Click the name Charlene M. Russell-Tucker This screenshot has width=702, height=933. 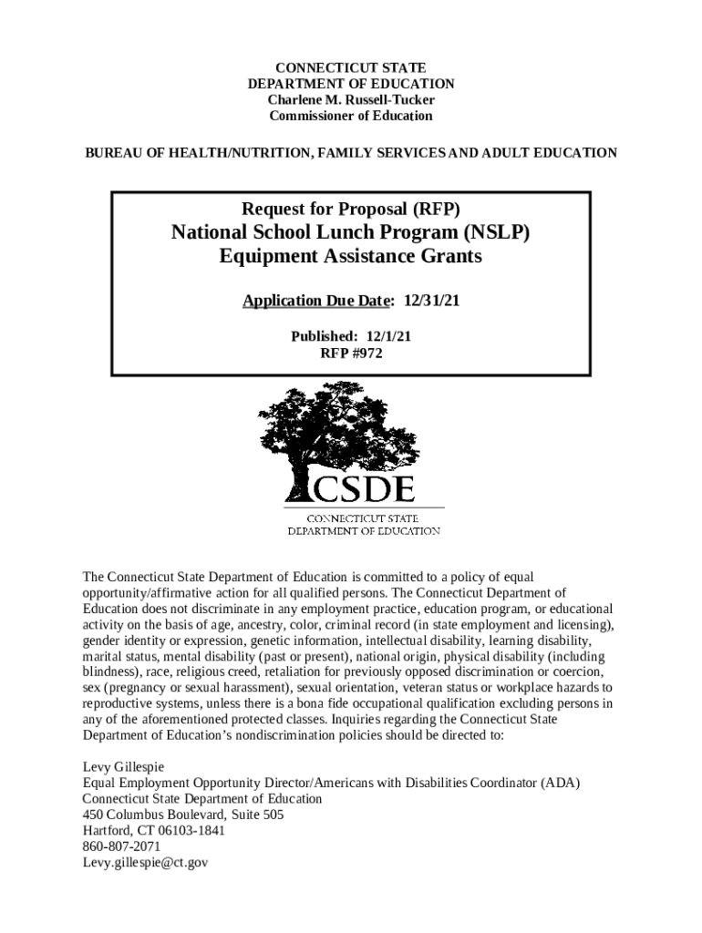(351, 99)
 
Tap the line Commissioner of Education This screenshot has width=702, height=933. (351, 116)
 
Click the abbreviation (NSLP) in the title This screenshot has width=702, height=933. (496, 232)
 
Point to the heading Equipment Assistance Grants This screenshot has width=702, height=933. (351, 257)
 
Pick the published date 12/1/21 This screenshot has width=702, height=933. (389, 336)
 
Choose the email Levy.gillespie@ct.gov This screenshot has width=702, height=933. (146, 862)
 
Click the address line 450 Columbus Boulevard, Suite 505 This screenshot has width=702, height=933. (183, 815)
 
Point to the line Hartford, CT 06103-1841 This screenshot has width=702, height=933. (153, 830)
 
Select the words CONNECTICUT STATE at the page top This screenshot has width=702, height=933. (351, 67)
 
